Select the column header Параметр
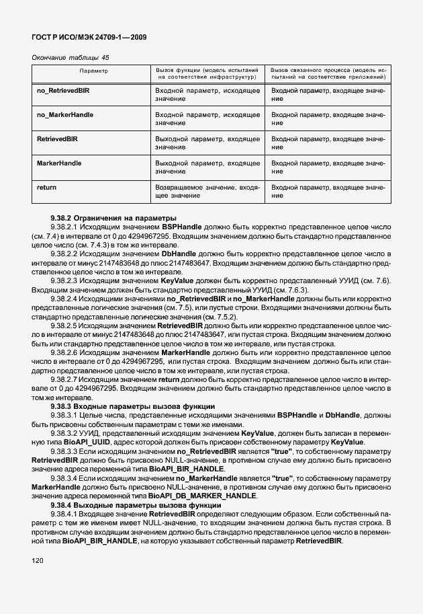[94, 70]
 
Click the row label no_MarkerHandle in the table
[65, 114]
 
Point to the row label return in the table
[46, 187]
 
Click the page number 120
[39, 560]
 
